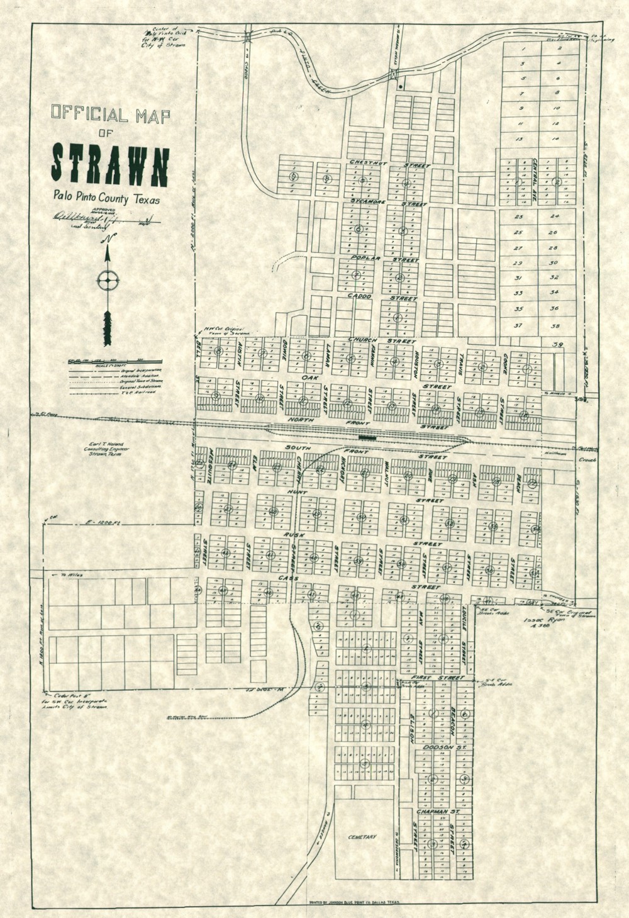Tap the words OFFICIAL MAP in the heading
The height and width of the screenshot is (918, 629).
point(110,115)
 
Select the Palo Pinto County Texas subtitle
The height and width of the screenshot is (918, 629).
point(106,199)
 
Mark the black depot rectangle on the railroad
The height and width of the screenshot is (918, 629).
point(367,435)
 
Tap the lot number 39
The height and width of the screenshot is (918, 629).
point(557,344)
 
